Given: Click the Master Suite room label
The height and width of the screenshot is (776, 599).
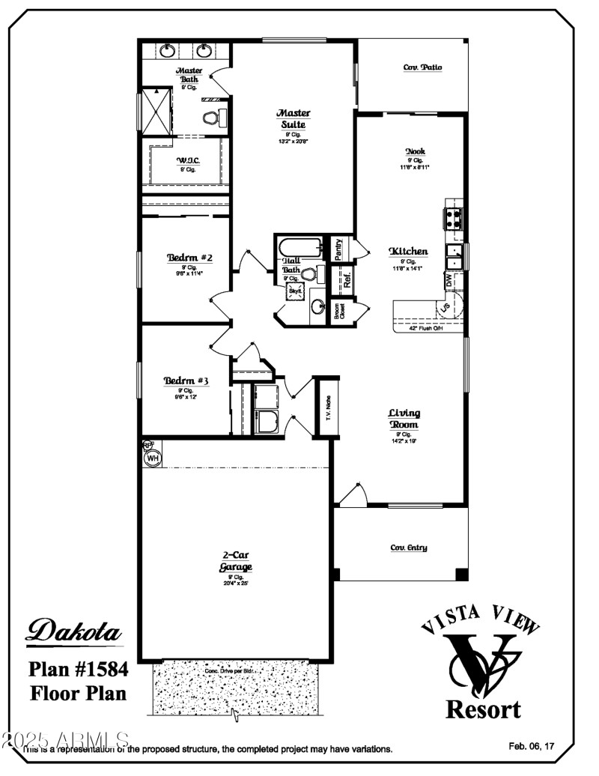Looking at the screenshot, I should tap(294, 118).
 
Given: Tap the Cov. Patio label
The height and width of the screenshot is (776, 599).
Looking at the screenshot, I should tap(422, 67).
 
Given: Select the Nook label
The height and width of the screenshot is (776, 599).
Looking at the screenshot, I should tap(416, 151).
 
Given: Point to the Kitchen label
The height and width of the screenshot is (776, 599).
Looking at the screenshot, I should tap(408, 252).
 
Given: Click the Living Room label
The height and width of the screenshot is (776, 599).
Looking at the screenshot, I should tap(404, 418).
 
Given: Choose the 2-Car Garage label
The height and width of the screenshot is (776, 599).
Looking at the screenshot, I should tap(236, 561).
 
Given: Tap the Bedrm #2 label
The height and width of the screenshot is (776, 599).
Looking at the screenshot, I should tap(189, 258).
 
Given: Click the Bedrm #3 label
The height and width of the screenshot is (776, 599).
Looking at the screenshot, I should tap(186, 381).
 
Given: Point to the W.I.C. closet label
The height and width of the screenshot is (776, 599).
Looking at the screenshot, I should tap(186, 160).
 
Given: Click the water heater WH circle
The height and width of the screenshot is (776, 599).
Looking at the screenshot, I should tap(153, 457).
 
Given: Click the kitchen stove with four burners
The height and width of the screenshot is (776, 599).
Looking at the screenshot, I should tap(454, 217).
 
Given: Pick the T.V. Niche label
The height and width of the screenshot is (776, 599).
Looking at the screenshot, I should tap(328, 407).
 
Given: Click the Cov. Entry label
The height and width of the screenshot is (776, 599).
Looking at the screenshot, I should tap(409, 548).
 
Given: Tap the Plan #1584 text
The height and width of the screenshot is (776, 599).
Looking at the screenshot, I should tap(78, 668).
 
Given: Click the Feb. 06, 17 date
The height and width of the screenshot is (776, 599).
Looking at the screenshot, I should tap(532, 746).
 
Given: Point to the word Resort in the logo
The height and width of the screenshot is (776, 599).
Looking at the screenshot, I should tap(483, 709).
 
